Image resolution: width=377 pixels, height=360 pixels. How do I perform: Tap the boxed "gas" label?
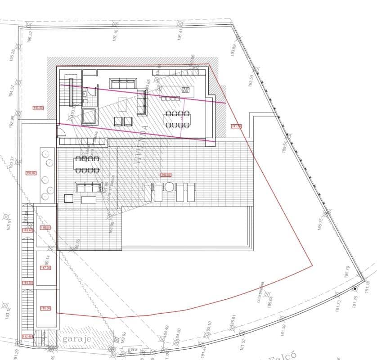132,350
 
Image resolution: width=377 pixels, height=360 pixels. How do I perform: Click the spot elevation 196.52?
30,36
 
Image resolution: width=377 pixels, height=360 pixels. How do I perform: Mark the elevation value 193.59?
233,50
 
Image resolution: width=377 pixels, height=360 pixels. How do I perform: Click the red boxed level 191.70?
236,126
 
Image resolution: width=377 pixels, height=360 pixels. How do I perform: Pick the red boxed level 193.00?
38,108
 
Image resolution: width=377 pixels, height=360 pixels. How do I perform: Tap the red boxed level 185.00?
45,309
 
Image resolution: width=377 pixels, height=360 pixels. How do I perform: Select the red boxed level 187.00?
45,268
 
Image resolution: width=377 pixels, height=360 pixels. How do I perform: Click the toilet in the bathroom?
85,103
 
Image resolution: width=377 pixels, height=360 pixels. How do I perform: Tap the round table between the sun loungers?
170,187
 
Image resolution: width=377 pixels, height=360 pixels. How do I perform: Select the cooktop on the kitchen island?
185,90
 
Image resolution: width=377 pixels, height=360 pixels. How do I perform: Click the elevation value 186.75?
320,224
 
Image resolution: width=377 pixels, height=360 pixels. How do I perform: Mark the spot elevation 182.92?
124,338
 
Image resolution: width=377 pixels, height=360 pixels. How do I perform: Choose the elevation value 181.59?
283,331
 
